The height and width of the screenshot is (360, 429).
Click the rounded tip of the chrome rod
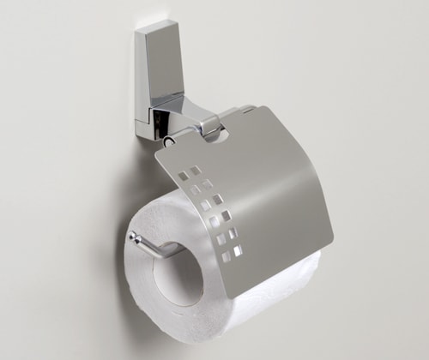(x=132, y=237)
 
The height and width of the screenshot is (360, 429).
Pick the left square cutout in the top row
(x=182, y=172)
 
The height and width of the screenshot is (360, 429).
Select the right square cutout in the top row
(x=196, y=170)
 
